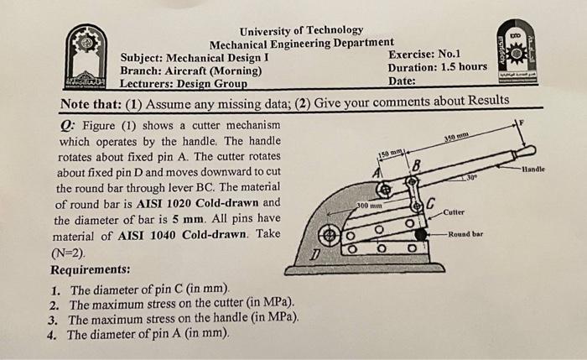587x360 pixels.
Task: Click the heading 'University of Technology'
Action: coord(300,30)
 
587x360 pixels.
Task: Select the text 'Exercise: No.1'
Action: coord(423,54)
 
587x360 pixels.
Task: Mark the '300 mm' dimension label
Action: coord(370,205)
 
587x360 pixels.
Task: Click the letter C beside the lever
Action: coord(431,201)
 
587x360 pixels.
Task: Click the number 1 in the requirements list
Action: coord(54,290)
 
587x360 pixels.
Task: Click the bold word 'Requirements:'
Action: coord(91,270)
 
